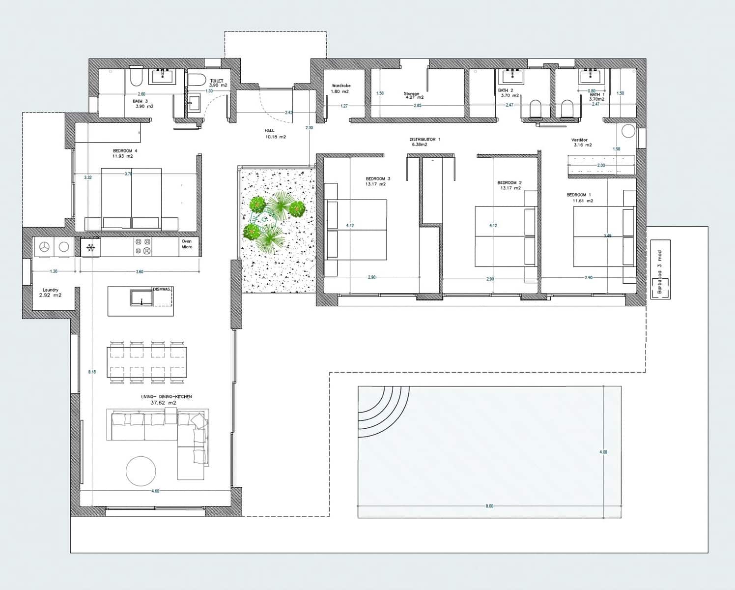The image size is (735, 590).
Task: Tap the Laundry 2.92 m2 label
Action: tap(51, 293)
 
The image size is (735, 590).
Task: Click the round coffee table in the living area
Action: tap(141, 471)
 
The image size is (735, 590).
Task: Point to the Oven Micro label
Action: tap(187, 244)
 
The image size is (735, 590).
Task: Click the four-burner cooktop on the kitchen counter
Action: tap(143, 246)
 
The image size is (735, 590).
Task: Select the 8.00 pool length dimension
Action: tap(489, 506)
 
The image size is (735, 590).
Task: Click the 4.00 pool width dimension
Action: tap(603, 452)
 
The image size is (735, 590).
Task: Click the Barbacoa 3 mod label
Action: tap(660, 271)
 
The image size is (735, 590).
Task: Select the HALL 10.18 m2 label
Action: tap(275, 134)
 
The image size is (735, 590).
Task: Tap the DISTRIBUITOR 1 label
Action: tap(424, 142)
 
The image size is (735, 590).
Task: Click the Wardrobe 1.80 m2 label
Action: tap(340, 88)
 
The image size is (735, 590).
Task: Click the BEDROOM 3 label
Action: tap(377, 181)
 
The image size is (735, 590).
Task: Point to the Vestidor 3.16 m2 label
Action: tap(581, 143)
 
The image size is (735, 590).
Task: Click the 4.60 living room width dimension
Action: tap(155, 491)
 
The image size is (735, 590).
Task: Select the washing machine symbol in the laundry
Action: tap(45, 247)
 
